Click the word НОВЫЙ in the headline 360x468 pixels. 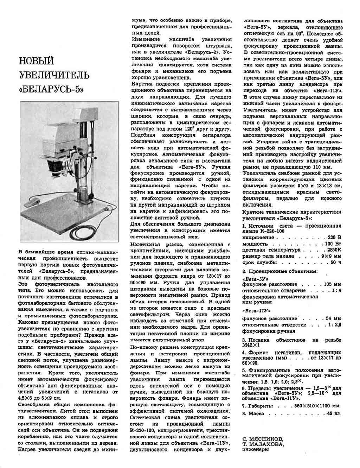36,61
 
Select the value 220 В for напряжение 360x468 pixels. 334,238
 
